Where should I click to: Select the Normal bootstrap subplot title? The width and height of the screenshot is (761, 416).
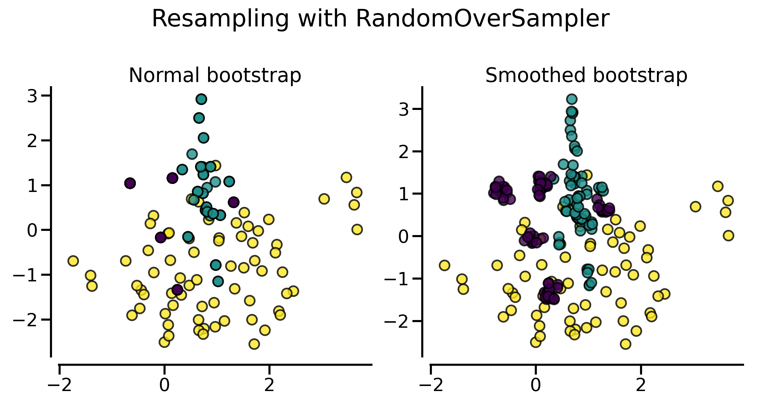[x=215, y=75]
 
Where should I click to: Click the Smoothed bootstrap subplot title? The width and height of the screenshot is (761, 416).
[x=586, y=75]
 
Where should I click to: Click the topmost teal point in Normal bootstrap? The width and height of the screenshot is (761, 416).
[x=201, y=99]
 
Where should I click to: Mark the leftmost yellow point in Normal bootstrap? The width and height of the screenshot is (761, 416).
[x=73, y=261]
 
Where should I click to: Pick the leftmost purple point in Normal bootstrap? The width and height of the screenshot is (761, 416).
[x=130, y=183]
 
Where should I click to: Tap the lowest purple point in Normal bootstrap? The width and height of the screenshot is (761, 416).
[x=177, y=289]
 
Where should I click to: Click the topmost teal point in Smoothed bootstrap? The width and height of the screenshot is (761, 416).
[x=572, y=99]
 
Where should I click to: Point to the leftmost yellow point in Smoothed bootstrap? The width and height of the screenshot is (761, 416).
[x=444, y=265]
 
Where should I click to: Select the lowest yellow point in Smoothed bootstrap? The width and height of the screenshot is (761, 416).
[x=626, y=344]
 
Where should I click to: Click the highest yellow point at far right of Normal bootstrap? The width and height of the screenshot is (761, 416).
[x=346, y=177]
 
